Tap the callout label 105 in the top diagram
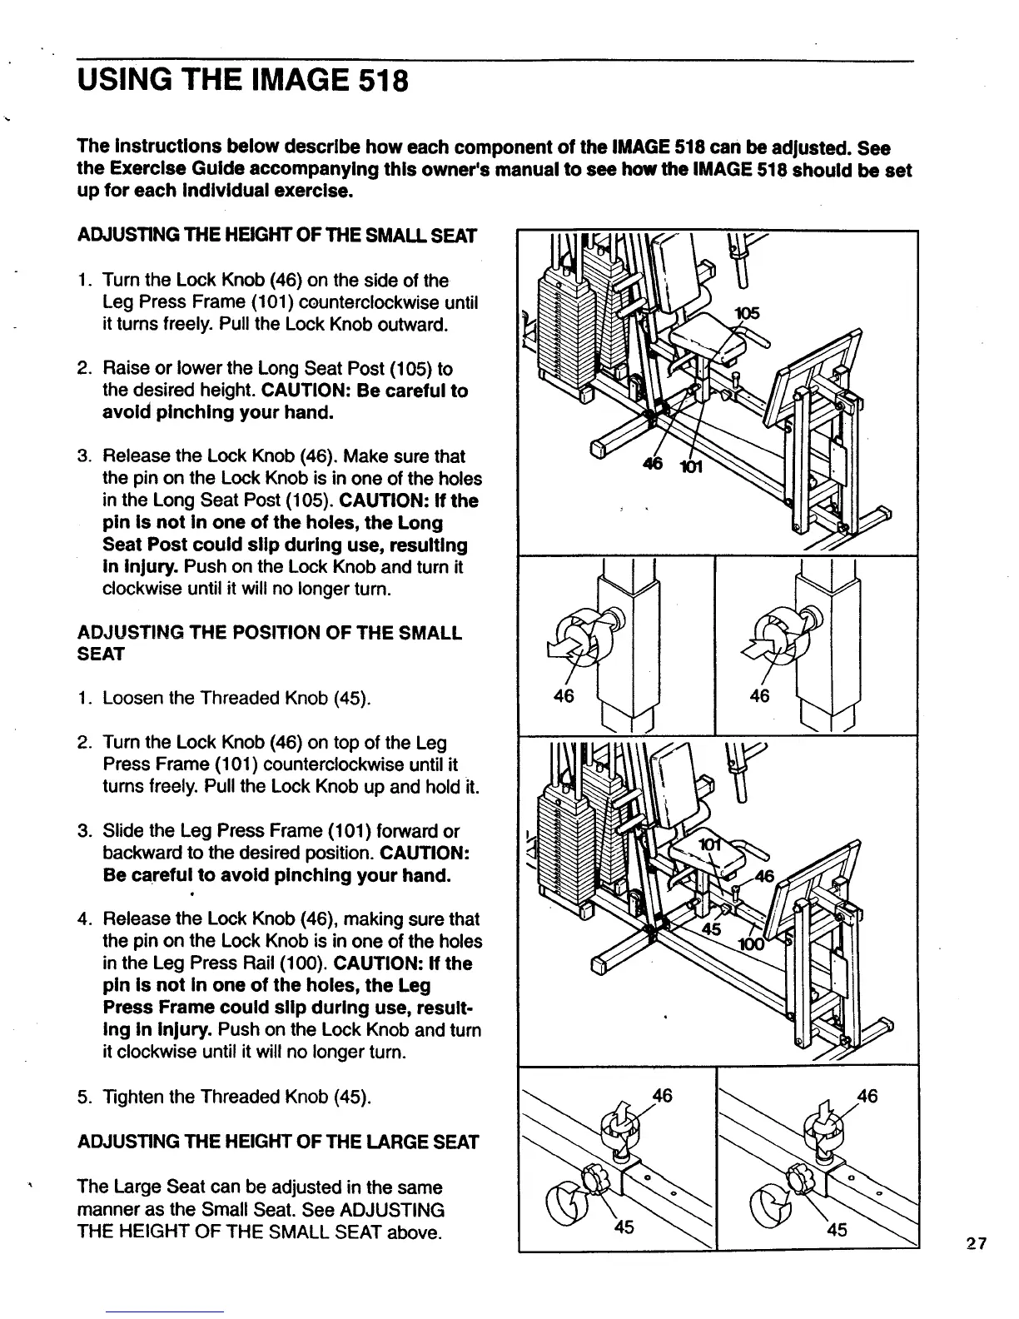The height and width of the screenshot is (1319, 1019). (x=747, y=313)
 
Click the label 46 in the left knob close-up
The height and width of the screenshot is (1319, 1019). (x=564, y=696)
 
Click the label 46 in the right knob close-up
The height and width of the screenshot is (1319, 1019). (x=759, y=696)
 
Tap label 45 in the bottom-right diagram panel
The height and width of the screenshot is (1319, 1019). (x=838, y=1229)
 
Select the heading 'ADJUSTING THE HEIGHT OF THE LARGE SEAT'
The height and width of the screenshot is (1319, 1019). (x=278, y=1142)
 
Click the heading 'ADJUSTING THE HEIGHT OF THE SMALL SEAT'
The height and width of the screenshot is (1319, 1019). (x=276, y=236)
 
